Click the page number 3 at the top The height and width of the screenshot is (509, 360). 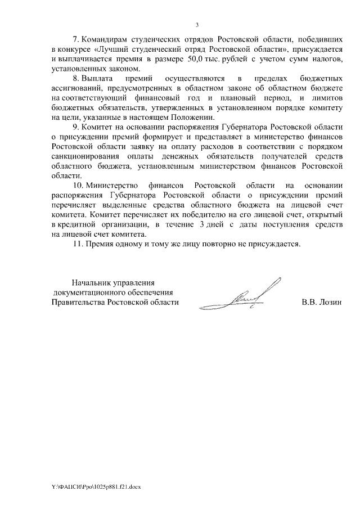[x=197, y=25]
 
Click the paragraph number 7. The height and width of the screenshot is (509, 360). [x=76, y=41]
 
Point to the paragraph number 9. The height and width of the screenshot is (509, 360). [x=76, y=127]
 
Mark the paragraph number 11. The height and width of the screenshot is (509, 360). [x=79, y=245]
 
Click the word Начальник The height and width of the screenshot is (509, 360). [x=92, y=282]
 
